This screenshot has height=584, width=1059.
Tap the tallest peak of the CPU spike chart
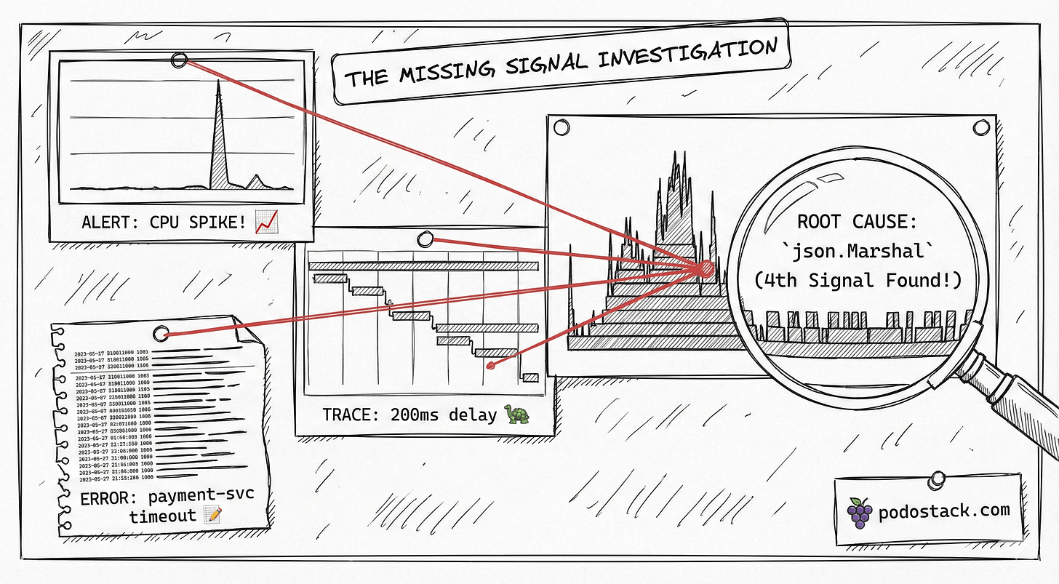click(217, 83)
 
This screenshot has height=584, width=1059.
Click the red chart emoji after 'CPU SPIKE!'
click(268, 222)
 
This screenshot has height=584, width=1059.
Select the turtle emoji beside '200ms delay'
click(518, 415)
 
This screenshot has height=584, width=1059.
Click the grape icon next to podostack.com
click(860, 513)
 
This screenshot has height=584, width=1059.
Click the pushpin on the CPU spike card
click(178, 60)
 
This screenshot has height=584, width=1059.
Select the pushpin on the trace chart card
click(424, 239)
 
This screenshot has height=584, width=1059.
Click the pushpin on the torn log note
click(161, 334)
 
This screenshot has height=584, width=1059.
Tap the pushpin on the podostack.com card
click(937, 480)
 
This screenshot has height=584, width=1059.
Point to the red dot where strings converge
click(705, 268)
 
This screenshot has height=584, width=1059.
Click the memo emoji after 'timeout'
click(213, 516)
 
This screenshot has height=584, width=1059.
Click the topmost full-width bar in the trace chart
click(423, 265)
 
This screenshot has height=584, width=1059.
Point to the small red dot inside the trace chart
click(491, 364)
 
